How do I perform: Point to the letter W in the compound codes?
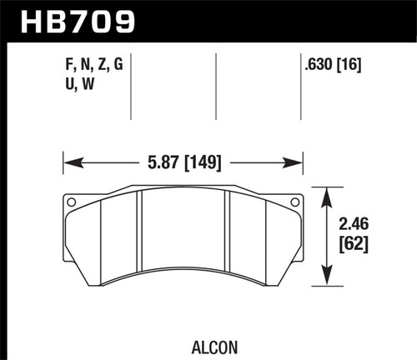[87, 85]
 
